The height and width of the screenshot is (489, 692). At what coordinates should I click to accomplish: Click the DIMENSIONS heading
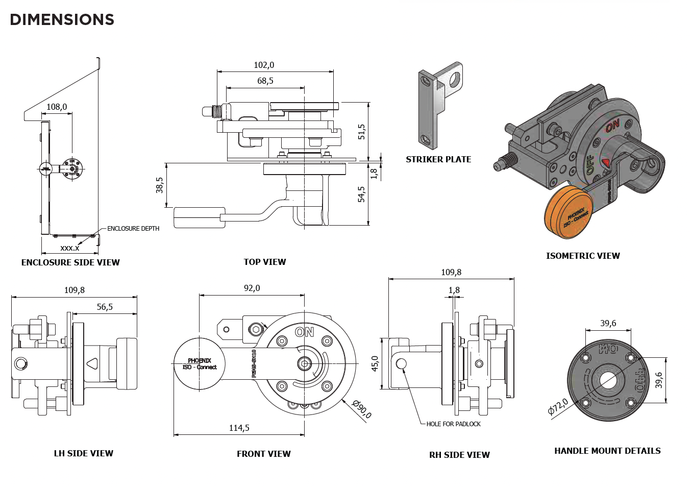[x=62, y=19]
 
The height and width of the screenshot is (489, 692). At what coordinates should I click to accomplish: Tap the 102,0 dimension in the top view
[x=264, y=65]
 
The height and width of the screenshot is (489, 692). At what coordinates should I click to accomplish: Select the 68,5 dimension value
[x=265, y=81]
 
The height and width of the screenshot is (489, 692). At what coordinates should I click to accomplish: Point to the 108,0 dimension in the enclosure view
[x=57, y=107]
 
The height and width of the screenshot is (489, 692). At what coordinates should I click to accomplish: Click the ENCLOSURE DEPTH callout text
[x=133, y=229]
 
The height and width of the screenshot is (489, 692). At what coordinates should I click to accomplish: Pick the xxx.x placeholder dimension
[x=70, y=248]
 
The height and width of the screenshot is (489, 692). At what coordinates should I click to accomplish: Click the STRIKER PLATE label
[x=438, y=159]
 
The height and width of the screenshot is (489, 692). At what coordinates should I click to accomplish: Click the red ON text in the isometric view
[x=613, y=125]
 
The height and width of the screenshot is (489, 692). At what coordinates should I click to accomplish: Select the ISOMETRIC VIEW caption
[x=583, y=256]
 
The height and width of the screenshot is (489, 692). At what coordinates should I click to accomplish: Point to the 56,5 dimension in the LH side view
[x=105, y=307]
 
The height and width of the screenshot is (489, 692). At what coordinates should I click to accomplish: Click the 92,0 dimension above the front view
[x=252, y=288]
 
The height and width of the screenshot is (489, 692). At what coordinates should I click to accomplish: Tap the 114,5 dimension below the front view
[x=239, y=428]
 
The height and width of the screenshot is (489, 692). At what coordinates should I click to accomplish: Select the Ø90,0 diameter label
[x=362, y=409]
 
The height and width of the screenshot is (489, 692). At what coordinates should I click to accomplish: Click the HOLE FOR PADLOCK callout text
[x=453, y=424]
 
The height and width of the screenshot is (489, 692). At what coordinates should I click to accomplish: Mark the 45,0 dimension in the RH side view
[x=375, y=363]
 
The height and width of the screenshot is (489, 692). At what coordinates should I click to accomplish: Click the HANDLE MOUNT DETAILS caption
[x=607, y=451]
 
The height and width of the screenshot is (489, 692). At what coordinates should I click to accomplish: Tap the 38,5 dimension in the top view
[x=160, y=185]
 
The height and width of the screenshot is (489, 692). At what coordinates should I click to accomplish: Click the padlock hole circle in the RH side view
[x=402, y=364]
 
